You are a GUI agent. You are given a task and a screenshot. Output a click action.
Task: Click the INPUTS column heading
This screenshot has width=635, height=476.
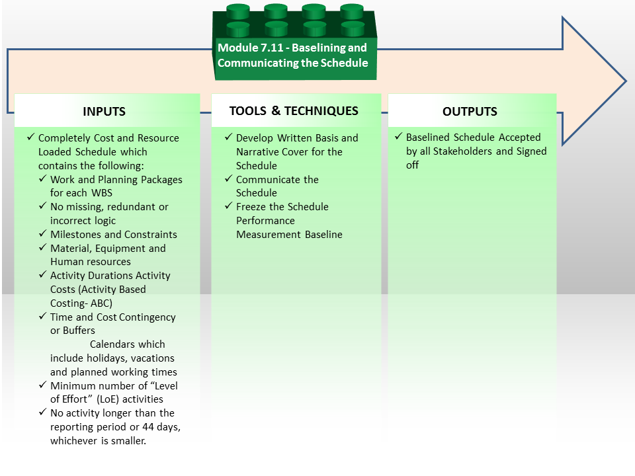pos(104,111)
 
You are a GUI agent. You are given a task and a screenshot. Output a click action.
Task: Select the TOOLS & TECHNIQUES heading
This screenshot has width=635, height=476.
pos(294,110)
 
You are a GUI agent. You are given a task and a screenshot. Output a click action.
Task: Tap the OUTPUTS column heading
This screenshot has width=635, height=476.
pos(470,111)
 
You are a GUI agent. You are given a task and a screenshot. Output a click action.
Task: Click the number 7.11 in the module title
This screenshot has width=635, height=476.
pos(272,48)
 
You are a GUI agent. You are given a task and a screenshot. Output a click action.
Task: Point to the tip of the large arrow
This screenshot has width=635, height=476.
pos(626,81)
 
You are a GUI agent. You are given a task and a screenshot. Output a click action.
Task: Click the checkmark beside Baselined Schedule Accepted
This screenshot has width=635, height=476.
pos(399,136)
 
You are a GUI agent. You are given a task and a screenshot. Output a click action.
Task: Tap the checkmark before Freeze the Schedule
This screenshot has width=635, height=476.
pos(229,206)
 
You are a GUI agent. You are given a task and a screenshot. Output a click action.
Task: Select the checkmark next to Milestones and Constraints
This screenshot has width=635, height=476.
pos(43,233)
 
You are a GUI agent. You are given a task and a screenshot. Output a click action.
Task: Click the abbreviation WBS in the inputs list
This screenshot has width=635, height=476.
pos(102,193)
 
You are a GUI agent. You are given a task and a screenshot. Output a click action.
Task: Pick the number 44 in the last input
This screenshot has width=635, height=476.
pos(148,427)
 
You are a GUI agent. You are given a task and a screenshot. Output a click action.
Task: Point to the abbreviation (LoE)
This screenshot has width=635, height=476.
pos(108,399)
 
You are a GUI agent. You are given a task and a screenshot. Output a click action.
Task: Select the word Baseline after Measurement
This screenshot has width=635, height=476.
pos(323,234)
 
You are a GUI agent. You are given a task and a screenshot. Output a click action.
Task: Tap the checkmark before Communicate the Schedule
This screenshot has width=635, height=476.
pos(229,178)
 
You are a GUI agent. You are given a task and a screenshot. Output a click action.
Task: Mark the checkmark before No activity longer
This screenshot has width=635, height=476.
pos(43,412)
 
